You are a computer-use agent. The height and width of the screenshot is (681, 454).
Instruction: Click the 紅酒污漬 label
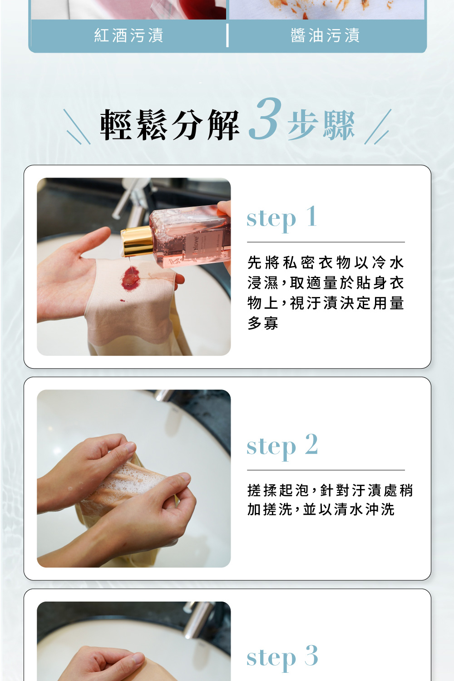tap(128, 35)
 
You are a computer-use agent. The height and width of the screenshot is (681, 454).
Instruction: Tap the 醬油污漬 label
tap(325, 35)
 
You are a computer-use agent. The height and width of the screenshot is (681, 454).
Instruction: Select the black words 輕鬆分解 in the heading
tap(170, 125)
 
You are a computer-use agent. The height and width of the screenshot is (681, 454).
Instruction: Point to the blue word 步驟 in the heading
tap(321, 125)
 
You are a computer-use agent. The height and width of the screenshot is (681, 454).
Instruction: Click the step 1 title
tap(281, 217)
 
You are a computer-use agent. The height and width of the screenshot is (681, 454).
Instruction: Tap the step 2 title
tap(282, 446)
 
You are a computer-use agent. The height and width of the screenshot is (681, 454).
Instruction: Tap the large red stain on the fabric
tap(131, 278)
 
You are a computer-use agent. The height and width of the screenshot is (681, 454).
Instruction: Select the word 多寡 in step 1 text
tap(263, 323)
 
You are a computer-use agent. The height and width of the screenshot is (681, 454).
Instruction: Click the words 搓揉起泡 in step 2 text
tap(278, 490)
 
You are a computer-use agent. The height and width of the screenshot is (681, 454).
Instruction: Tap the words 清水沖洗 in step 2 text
tap(364, 509)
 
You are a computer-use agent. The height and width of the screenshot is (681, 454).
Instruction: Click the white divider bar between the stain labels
tap(227, 35)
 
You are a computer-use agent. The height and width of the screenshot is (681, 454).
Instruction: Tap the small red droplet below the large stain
tap(122, 301)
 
